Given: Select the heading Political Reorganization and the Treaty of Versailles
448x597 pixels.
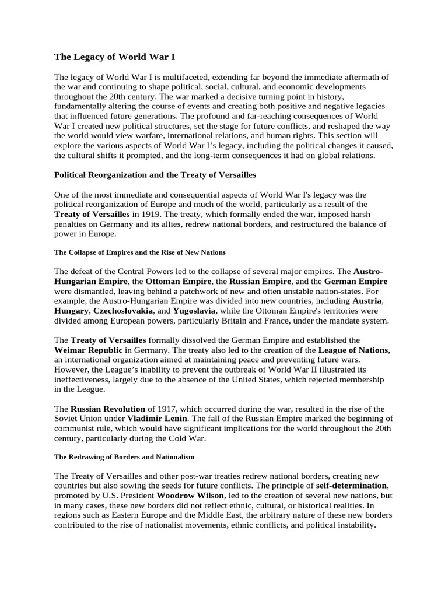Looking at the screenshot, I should coord(155,175).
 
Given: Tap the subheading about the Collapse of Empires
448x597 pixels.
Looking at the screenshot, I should coord(140,252).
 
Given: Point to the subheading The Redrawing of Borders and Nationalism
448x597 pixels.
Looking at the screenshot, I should coord(124,456).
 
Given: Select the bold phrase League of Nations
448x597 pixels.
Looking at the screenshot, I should coord(353,350).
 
